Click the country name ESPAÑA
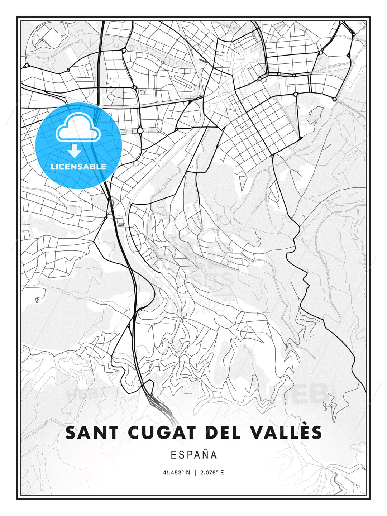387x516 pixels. [x=194, y=455]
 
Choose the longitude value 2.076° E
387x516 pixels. [x=211, y=473]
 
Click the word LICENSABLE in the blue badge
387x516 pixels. [x=78, y=167]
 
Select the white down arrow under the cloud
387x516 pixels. [x=75, y=151]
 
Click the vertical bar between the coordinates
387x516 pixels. [x=195, y=473]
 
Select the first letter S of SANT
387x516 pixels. [x=71, y=433]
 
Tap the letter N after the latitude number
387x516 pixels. [x=188, y=473]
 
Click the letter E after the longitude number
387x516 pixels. [x=222, y=473]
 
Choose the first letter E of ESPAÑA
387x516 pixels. [x=173, y=455]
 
